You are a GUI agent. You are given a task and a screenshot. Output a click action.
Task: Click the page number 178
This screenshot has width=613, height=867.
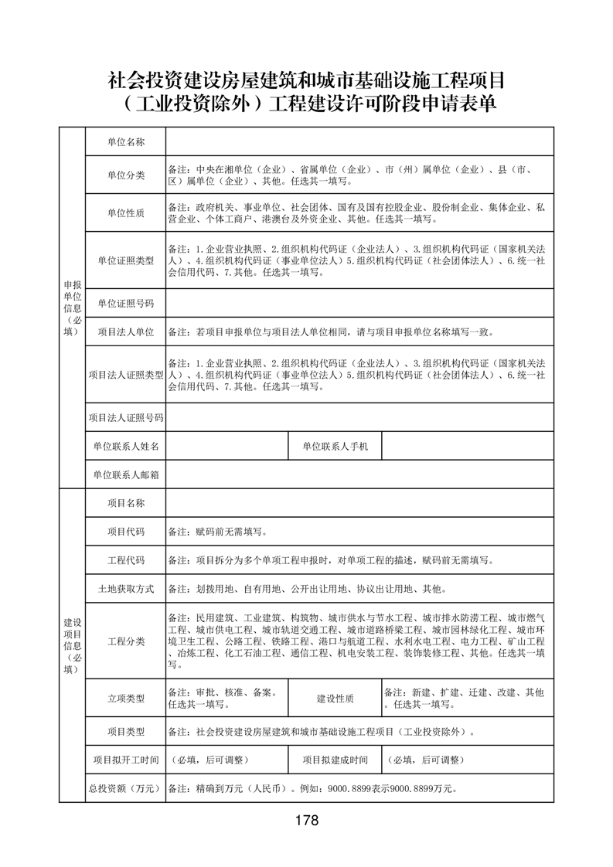click(306, 820)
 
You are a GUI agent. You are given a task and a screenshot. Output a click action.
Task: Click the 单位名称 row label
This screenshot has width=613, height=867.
click(125, 141)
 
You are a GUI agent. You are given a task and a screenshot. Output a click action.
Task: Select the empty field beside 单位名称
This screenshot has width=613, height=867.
click(359, 141)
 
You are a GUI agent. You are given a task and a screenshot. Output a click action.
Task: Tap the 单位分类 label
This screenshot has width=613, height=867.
click(125, 175)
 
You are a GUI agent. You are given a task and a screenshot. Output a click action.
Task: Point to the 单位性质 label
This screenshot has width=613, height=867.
click(125, 212)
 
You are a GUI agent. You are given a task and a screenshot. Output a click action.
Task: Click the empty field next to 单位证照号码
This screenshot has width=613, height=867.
click(359, 302)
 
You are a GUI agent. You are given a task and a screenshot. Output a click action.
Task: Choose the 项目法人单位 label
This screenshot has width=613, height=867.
click(125, 332)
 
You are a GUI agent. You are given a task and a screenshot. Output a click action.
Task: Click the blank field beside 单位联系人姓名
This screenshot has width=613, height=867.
click(225, 447)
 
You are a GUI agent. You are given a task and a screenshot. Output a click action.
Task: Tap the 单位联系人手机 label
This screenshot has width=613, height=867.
click(335, 447)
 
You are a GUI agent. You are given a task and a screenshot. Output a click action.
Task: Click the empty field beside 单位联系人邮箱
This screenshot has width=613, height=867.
click(359, 474)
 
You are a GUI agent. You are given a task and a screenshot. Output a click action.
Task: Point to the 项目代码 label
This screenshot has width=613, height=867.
click(125, 532)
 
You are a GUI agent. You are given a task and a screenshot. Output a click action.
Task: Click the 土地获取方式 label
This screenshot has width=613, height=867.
click(125, 589)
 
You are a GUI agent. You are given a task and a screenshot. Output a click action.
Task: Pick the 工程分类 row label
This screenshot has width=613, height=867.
click(125, 641)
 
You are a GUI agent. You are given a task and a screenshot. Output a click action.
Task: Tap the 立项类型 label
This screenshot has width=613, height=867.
click(125, 699)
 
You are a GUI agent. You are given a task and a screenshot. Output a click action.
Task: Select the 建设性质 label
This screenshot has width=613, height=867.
click(335, 699)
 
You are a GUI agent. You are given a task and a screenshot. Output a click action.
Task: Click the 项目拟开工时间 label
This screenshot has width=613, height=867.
click(125, 760)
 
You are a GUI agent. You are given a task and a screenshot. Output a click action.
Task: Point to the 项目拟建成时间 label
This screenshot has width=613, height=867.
click(335, 760)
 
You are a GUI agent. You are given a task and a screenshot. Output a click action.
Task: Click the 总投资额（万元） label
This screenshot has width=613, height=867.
click(125, 789)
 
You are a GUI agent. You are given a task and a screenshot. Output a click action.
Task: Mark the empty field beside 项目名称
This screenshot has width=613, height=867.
click(359, 503)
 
